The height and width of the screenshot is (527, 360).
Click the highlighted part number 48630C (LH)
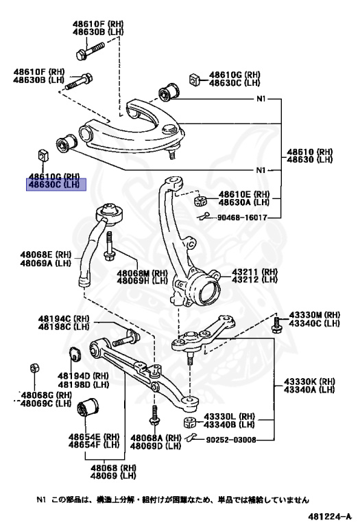tap(54, 185)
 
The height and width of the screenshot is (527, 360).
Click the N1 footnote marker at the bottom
tap(42, 500)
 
